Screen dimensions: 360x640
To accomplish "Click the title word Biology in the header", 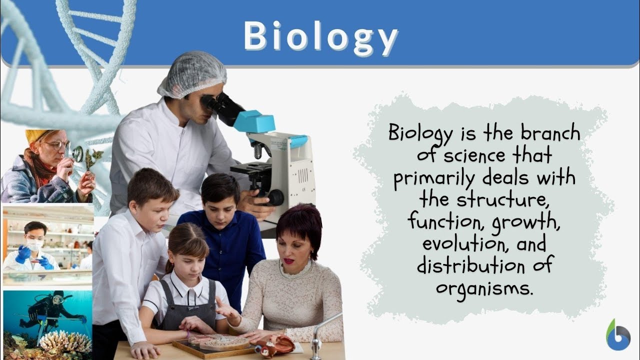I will (320, 36).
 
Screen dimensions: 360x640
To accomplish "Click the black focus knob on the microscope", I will (274, 198).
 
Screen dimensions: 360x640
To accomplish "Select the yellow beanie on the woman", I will (35, 135).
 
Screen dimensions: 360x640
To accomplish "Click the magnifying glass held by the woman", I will (76, 153).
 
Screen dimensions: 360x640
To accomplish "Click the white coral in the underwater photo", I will (65, 342).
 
